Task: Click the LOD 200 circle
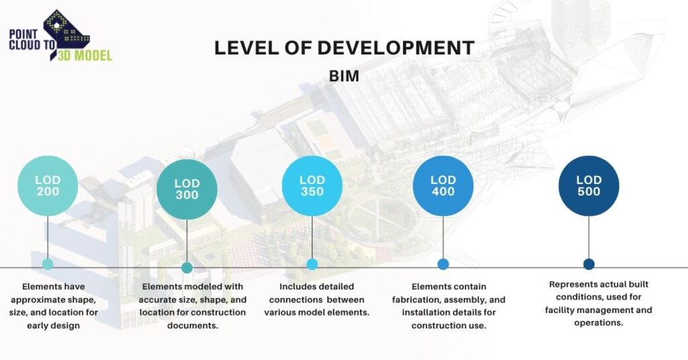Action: click(48, 186)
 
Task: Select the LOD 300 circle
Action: click(187, 189)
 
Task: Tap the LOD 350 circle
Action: click(312, 186)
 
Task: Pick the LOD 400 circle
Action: click(443, 186)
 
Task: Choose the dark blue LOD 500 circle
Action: click(589, 186)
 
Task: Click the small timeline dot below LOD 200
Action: click(48, 264)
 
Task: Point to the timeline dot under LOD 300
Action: click(187, 267)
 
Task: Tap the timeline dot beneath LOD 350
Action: click(312, 264)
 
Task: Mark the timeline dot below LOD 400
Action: click(443, 264)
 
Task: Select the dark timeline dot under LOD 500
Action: click(589, 264)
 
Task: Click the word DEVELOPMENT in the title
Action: click(402, 48)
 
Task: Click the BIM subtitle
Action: click(344, 76)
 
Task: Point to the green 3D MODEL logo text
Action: click(85, 55)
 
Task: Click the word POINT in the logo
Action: click(24, 34)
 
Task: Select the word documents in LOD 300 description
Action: click(193, 325)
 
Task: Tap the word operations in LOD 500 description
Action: click(599, 323)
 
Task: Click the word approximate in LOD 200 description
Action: click(37, 300)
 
